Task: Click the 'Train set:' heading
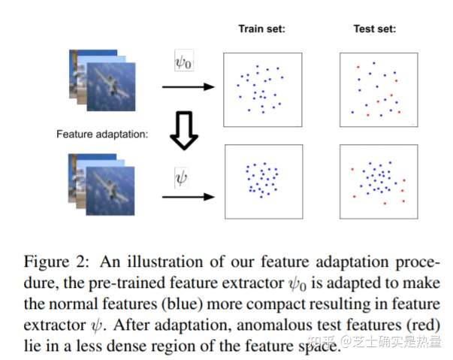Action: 261,29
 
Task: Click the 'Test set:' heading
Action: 375,29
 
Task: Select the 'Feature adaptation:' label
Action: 102,134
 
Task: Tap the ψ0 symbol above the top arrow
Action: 184,62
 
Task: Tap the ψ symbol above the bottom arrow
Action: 181,177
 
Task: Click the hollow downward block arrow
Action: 184,131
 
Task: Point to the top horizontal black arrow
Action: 189,86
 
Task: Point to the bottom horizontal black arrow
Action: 189,197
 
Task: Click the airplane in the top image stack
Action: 112,83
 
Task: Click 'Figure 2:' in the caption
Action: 56,262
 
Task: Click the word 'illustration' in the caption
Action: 165,262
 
